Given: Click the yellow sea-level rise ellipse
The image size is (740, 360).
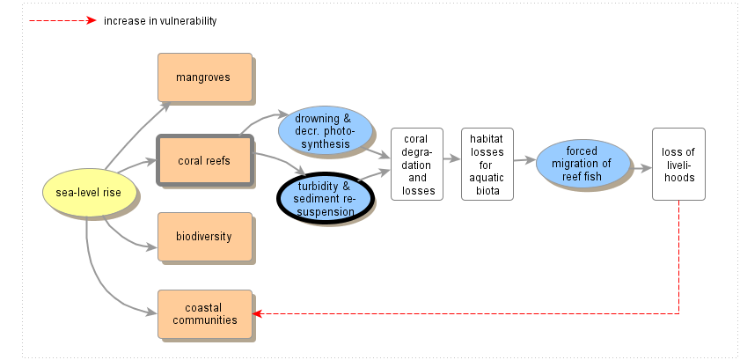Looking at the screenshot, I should (x=89, y=193).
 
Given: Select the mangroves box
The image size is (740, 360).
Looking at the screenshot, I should (x=204, y=77).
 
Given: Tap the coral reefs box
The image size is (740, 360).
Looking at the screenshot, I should (x=204, y=160).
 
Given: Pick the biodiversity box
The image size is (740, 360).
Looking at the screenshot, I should (x=204, y=237).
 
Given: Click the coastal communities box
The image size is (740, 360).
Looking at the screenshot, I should (x=204, y=313).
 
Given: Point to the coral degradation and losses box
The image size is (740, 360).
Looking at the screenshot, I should (x=417, y=164).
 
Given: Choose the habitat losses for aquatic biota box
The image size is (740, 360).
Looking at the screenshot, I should (x=487, y=164).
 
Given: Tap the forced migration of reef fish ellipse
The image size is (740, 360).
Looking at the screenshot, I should (x=582, y=163).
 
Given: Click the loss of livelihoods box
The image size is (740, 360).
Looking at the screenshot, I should (x=678, y=164).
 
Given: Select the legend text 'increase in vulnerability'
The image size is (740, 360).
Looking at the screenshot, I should (x=159, y=20).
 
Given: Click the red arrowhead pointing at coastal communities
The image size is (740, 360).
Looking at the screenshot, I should (x=257, y=313).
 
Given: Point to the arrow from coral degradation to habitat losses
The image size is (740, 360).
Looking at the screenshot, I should (x=452, y=159).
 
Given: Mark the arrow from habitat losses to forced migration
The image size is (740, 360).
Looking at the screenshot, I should (x=524, y=160).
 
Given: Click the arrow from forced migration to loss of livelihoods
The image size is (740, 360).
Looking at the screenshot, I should (x=641, y=163).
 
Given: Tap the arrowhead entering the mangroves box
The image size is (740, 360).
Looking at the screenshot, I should (x=167, y=106).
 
